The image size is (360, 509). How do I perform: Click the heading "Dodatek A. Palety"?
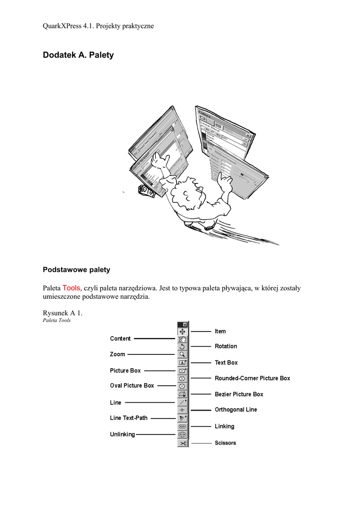pyautogui.click(x=78, y=55)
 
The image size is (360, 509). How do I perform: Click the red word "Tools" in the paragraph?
pyautogui.click(x=71, y=288)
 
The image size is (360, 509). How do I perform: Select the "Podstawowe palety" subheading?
pyautogui.click(x=77, y=270)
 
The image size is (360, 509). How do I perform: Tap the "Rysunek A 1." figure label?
pyautogui.click(x=63, y=313)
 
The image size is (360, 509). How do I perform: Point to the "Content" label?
pyautogui.click(x=120, y=339)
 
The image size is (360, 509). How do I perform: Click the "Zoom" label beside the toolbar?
pyautogui.click(x=117, y=354)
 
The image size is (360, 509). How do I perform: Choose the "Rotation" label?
pyautogui.click(x=226, y=346)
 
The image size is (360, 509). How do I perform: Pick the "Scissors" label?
pyautogui.click(x=225, y=443)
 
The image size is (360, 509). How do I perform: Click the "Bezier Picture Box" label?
pyautogui.click(x=239, y=394)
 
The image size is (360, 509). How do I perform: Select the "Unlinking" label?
pyautogui.click(x=122, y=434)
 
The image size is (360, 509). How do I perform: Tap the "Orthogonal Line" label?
pyautogui.click(x=236, y=410)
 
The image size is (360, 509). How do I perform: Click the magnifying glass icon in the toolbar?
pyautogui.click(x=182, y=355)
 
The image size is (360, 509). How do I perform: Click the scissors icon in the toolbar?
pyautogui.click(x=182, y=443)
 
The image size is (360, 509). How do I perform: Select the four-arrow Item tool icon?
pyautogui.click(x=182, y=332)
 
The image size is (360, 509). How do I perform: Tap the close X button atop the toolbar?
pyautogui.click(x=185, y=324)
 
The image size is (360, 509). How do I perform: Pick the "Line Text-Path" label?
pyautogui.click(x=129, y=418)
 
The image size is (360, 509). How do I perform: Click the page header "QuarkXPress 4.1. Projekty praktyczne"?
pyautogui.click(x=98, y=26)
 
